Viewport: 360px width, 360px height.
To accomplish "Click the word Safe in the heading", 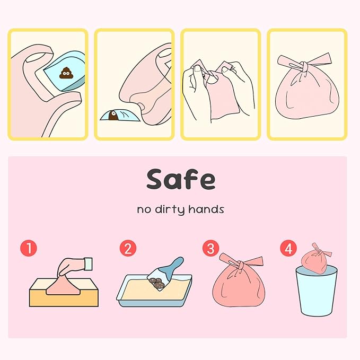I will pyautogui.click(x=181, y=180).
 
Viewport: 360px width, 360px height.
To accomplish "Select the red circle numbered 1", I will pyautogui.click(x=28, y=248).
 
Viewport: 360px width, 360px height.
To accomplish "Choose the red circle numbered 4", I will pyautogui.click(x=288, y=248).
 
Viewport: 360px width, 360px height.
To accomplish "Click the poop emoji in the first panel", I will pyautogui.click(x=67, y=73).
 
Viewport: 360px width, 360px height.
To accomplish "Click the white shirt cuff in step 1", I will pyautogui.click(x=87, y=261).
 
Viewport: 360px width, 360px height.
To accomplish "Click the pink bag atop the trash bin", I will pyautogui.click(x=315, y=259).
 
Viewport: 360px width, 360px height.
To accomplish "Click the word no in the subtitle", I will pyautogui.click(x=144, y=209).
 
